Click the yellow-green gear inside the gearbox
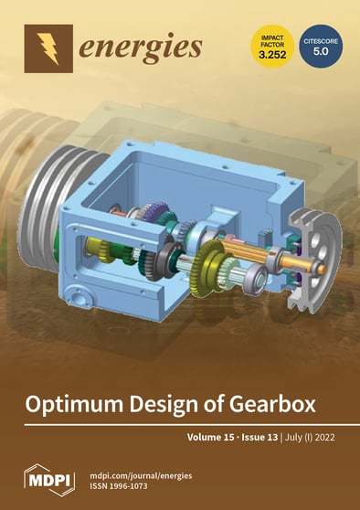(214, 260)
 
